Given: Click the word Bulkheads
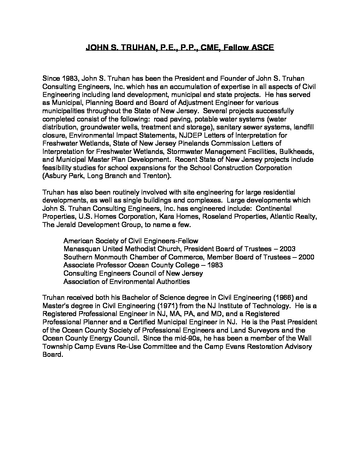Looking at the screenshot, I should click(298, 152).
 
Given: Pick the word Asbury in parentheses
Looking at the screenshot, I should click(57, 176).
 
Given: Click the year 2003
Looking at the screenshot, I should click(287, 249).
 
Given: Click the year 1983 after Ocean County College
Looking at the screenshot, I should click(214, 265).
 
